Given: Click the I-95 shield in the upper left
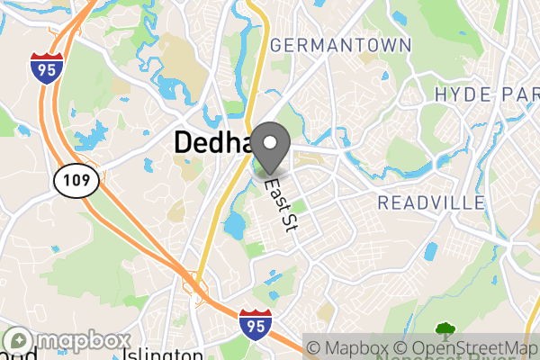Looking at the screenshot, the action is click(x=45, y=67).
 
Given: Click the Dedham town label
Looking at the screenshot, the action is click(x=212, y=142).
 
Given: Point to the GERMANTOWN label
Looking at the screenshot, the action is click(x=340, y=45).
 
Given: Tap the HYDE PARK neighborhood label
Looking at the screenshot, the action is click(x=486, y=94).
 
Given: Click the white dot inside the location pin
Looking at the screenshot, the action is click(x=270, y=141).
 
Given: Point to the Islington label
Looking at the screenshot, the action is click(x=162, y=354).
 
